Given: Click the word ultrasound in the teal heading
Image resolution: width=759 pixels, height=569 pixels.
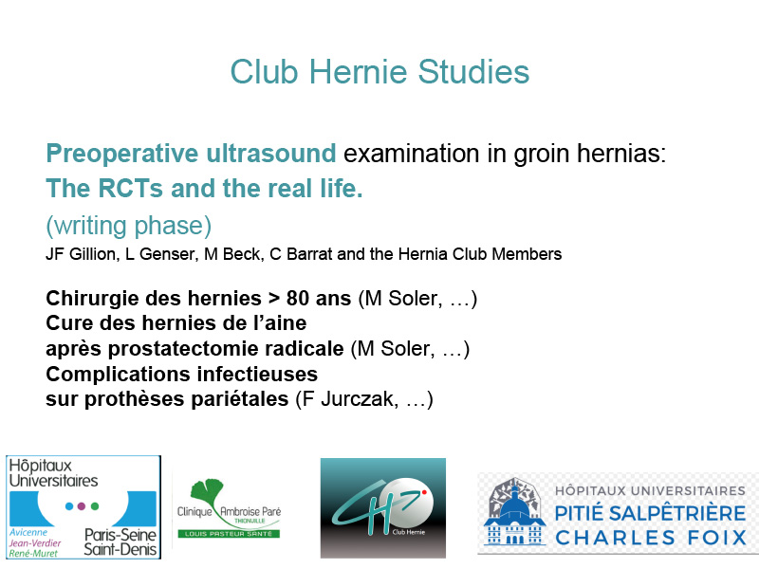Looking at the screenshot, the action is (x=271, y=154).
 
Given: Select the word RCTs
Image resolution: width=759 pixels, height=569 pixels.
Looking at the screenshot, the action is (x=131, y=188).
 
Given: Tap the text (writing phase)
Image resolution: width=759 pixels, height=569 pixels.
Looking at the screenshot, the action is (x=129, y=226).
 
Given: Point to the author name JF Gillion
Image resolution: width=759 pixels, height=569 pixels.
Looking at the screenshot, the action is (x=81, y=254).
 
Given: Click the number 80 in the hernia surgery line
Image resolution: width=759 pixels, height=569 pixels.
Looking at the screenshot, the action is (x=298, y=298).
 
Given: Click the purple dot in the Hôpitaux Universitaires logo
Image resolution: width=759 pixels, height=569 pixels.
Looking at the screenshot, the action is (x=82, y=506).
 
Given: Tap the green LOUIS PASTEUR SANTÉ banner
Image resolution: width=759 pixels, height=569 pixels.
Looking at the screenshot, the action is (x=229, y=534).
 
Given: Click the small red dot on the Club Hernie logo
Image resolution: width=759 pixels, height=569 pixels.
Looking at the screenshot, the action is (x=423, y=492).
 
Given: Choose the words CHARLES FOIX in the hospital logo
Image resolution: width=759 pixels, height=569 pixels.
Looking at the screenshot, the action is (x=651, y=538).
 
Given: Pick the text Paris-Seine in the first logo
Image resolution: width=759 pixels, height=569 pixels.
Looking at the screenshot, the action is (x=120, y=535).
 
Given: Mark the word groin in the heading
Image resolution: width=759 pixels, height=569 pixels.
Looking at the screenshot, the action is (x=542, y=155).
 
